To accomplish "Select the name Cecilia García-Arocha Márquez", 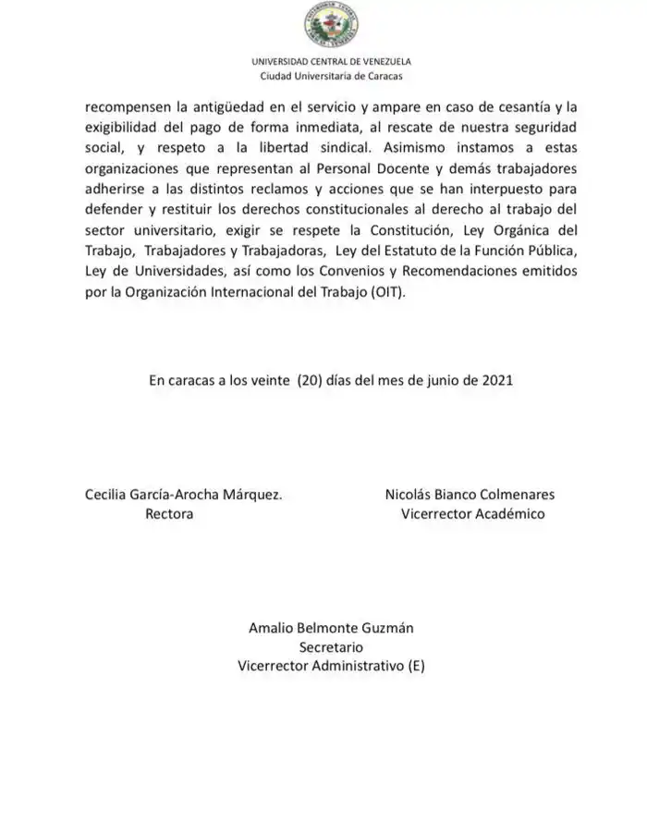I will [x=183, y=495].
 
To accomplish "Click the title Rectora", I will [x=169, y=514].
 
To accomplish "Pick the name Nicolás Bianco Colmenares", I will [x=470, y=495].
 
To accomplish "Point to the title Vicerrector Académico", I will [x=472, y=514].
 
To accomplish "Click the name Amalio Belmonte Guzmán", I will [x=331, y=628].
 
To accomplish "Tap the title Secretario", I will [x=331, y=647].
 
